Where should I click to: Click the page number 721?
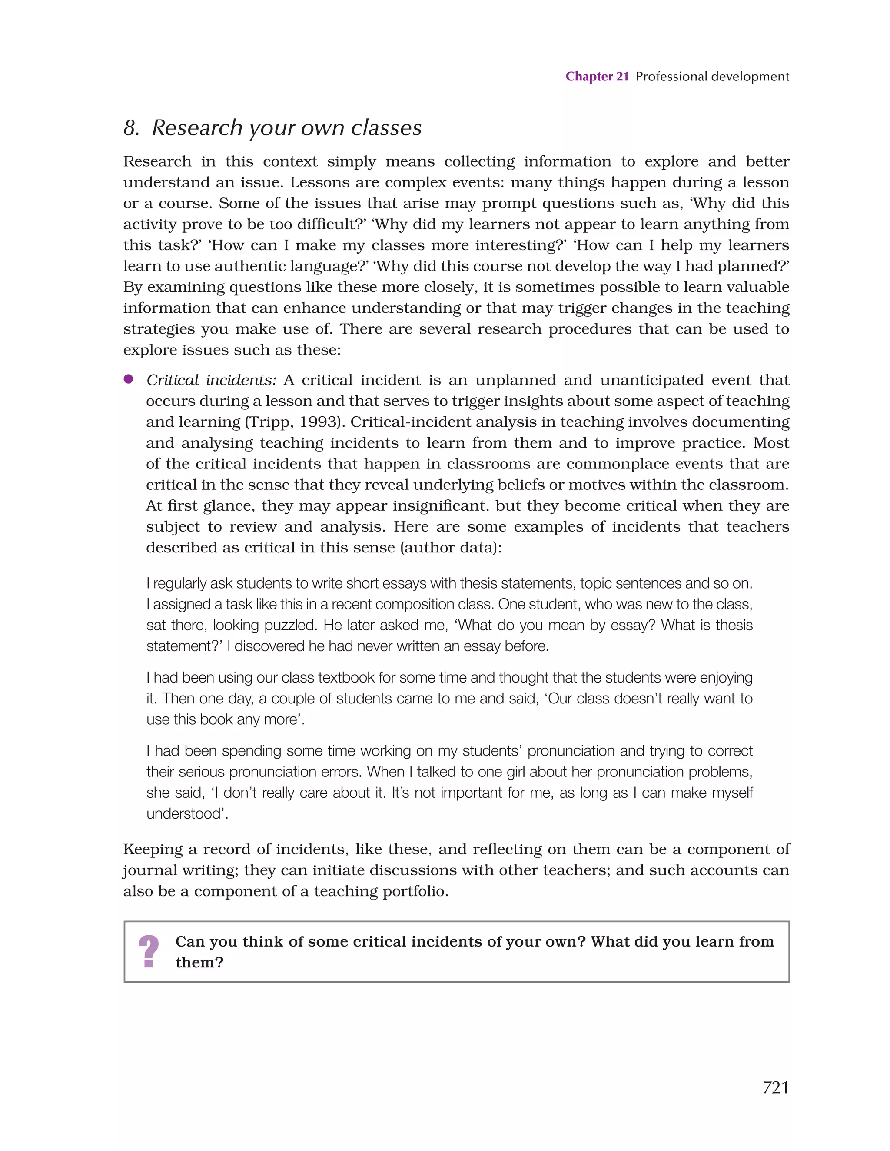coord(775,1087)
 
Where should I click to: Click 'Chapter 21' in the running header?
coord(597,77)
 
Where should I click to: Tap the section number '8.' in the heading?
coord(131,128)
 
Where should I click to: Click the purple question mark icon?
coord(149,951)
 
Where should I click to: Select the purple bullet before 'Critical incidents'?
coord(128,379)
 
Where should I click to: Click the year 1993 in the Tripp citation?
coord(319,422)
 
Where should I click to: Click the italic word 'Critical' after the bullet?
coord(172,380)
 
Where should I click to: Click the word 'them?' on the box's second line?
coord(199,962)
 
